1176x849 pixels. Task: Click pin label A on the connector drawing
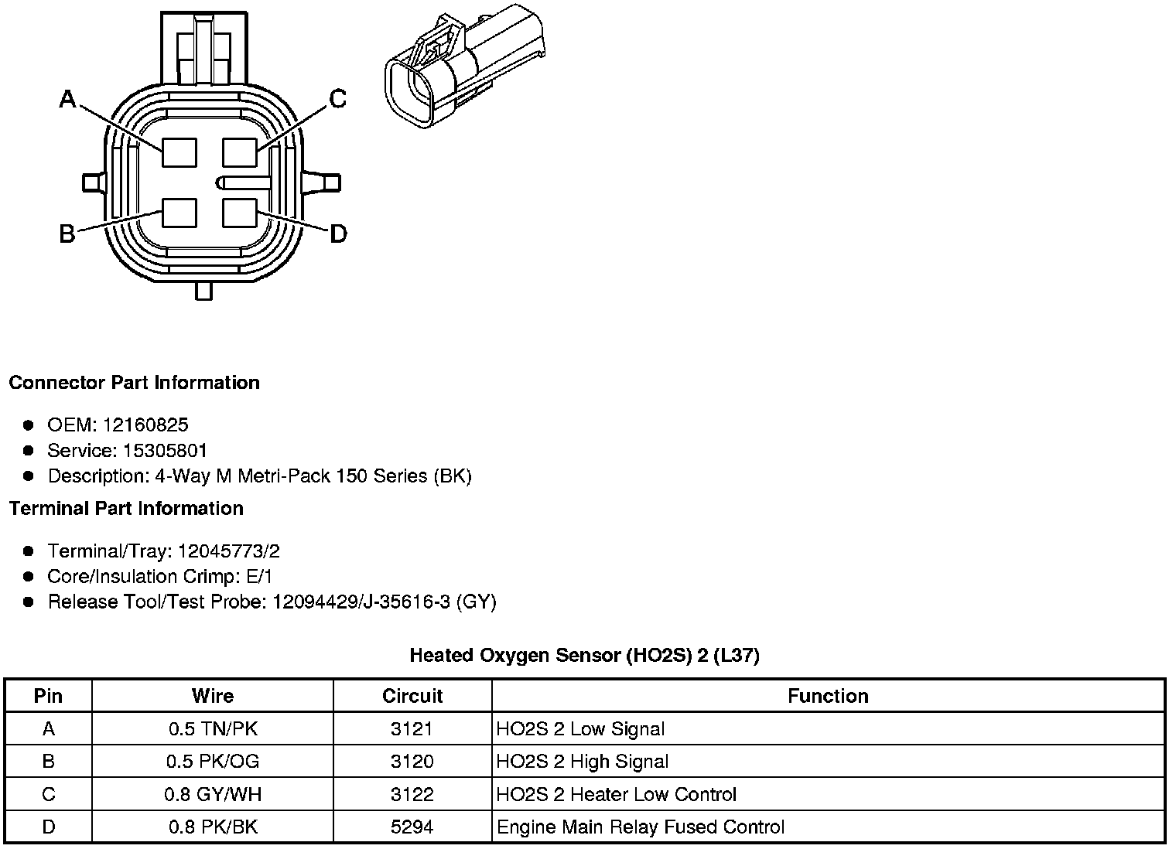(x=68, y=99)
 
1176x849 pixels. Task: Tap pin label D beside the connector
(x=338, y=234)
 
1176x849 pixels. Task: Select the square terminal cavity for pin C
(x=239, y=152)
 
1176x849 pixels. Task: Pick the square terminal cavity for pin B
(x=179, y=213)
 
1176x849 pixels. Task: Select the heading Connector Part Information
(x=134, y=383)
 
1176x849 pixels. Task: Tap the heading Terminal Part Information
(x=126, y=508)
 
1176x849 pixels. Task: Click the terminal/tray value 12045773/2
(x=228, y=551)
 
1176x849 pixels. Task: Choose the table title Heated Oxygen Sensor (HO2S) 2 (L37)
(x=584, y=656)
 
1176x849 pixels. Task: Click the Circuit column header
(x=412, y=696)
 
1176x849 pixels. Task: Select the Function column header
(x=828, y=696)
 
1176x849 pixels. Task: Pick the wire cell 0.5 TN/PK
(x=213, y=728)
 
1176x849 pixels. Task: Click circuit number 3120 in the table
(x=412, y=762)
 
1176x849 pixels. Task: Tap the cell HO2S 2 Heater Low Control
(x=617, y=794)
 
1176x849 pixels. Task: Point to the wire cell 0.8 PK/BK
(x=213, y=827)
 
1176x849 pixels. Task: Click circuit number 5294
(x=412, y=827)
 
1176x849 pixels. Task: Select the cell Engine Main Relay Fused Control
(x=641, y=827)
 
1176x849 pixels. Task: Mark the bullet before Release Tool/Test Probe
(x=29, y=602)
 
